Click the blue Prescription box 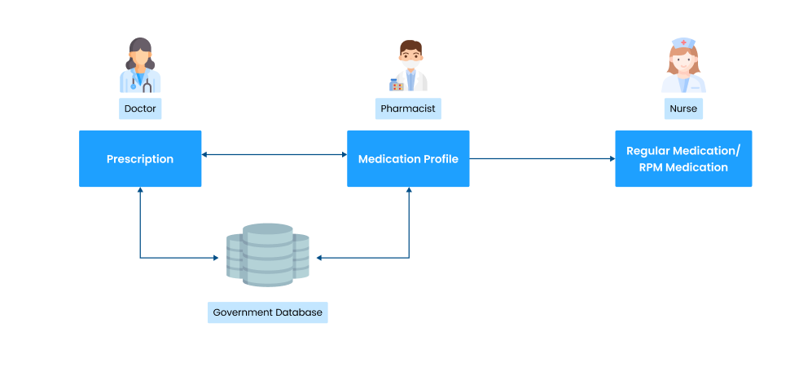[x=140, y=159]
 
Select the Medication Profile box [x=408, y=159]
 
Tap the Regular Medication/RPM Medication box [x=683, y=159]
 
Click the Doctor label [x=140, y=108]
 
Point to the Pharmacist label [x=408, y=108]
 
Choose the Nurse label [x=683, y=108]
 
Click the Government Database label [x=267, y=312]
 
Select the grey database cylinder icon [x=268, y=255]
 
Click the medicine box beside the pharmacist [x=397, y=84]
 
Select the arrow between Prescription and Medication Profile [x=274, y=153]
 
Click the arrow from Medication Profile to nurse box [x=542, y=159]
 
